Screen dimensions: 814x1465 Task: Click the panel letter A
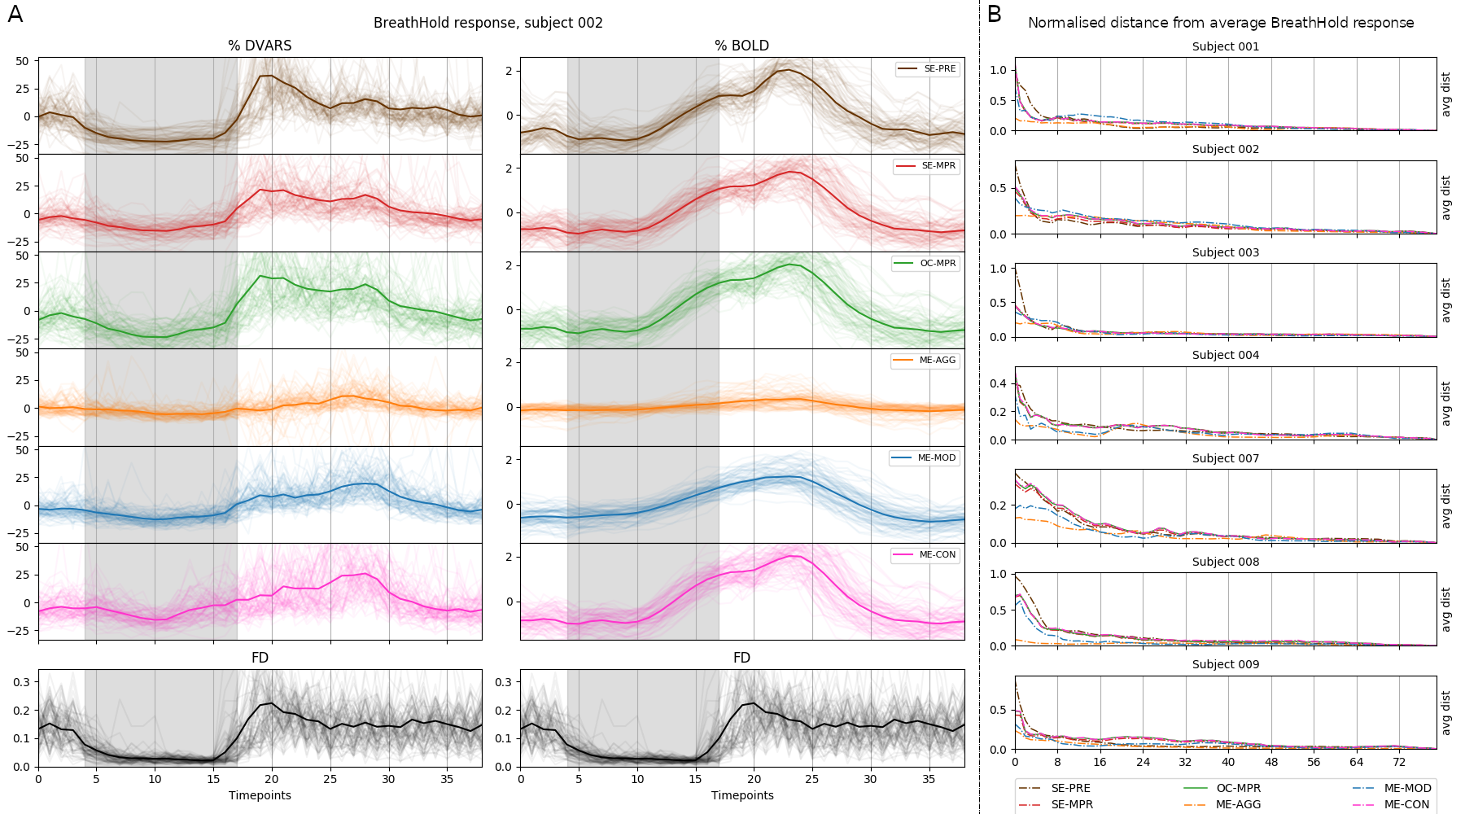(x=15, y=15)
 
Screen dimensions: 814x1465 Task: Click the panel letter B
(x=995, y=15)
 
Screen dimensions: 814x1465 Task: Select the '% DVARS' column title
(x=260, y=46)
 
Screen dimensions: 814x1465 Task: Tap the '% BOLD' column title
(x=741, y=46)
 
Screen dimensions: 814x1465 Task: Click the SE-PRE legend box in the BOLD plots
(x=927, y=69)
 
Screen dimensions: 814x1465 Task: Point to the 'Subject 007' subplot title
(x=1225, y=458)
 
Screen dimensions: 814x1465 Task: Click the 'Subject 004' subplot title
(x=1225, y=355)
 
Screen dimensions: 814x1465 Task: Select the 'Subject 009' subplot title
(x=1225, y=664)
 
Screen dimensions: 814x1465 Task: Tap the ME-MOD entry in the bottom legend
(x=1392, y=788)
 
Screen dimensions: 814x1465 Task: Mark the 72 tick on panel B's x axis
(x=1398, y=762)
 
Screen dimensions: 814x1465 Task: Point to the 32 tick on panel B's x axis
(x=1185, y=762)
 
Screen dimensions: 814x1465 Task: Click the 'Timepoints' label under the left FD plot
(x=260, y=795)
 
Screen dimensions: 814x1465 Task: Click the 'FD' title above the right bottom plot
(x=741, y=658)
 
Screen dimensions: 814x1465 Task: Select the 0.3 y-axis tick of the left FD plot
(x=22, y=682)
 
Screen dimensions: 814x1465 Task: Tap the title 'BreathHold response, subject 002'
(x=488, y=23)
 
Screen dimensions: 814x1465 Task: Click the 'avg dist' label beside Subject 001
(x=1446, y=94)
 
